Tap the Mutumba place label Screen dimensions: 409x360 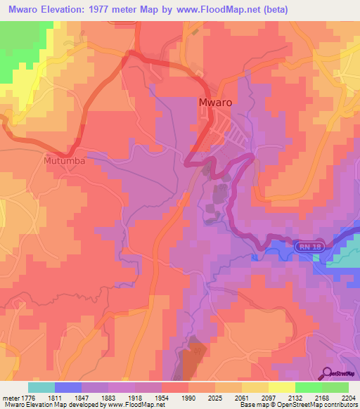pyautogui.click(x=64, y=160)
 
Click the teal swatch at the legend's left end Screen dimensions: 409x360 pyautogui.click(x=41, y=387)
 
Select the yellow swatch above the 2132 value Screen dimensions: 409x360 pyautogui.click(x=281, y=387)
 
